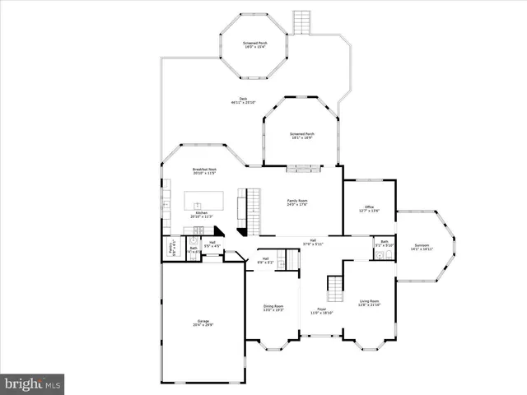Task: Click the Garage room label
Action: tap(203, 323)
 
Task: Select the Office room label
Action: tap(370, 209)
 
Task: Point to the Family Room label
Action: tap(297, 202)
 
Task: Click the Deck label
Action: tap(244, 101)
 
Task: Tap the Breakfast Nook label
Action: tap(204, 170)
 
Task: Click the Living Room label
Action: tap(369, 304)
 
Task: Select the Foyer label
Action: tap(321, 312)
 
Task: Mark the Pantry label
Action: tap(173, 247)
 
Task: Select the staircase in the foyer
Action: tap(335, 289)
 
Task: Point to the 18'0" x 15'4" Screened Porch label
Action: tap(254, 44)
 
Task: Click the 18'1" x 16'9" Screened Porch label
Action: tap(301, 136)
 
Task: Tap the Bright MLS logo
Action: tap(32, 383)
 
